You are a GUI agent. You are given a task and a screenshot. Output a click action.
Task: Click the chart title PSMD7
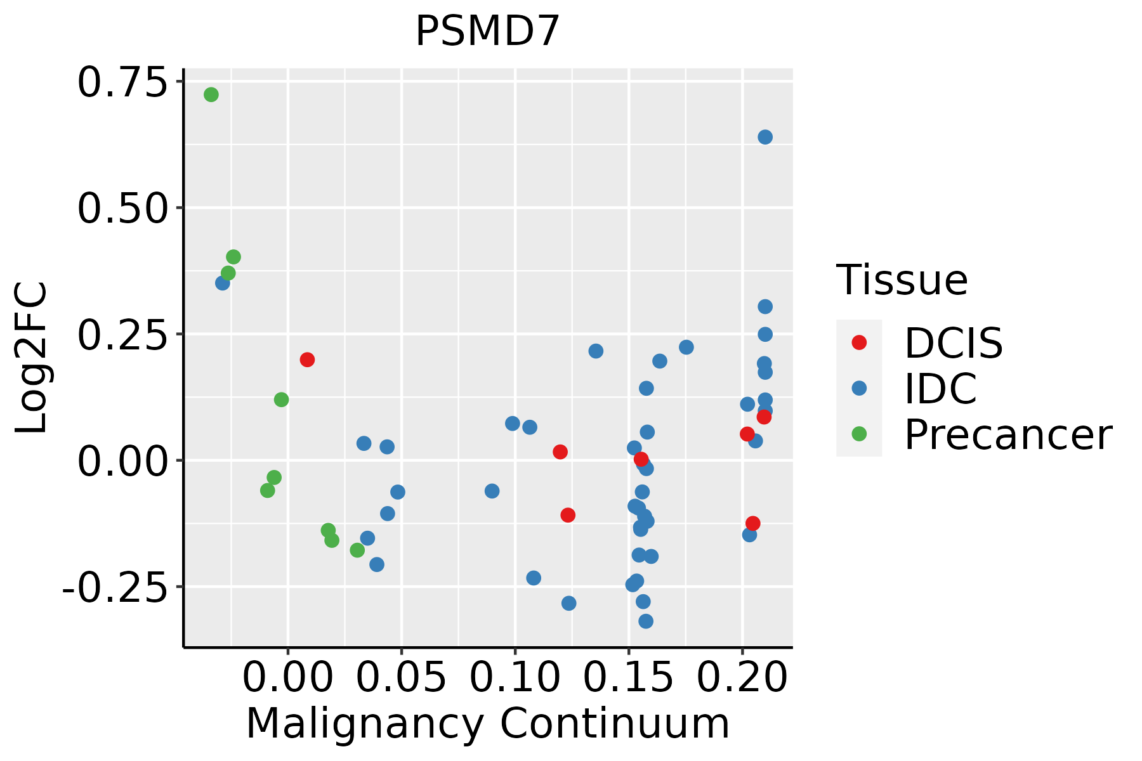pos(487,32)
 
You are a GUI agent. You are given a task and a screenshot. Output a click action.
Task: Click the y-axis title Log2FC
pos(32,358)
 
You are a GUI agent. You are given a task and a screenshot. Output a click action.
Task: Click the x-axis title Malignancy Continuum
pos(487,724)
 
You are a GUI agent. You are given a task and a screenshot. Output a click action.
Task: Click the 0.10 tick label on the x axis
pos(515,678)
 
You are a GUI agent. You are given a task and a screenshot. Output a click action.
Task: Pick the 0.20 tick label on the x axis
pos(742,678)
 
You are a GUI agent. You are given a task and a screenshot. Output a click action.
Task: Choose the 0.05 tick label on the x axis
pos(401,678)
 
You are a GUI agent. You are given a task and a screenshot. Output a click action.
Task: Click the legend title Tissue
pos(902,280)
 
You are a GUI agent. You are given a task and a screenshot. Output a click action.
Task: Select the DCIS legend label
pos(953,343)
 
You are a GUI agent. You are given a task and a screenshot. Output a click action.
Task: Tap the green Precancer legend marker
pos(859,434)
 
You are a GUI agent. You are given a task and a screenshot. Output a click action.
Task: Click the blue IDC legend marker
pos(859,388)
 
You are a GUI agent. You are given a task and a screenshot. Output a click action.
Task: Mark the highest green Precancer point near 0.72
pos(211,94)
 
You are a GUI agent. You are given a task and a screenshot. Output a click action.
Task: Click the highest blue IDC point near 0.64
pos(765,137)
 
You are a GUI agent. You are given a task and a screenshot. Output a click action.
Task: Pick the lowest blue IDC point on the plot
pos(646,621)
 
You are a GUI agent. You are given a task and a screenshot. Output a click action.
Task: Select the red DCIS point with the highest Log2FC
pos(307,360)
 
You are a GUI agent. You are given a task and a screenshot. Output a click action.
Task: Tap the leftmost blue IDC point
pos(223,283)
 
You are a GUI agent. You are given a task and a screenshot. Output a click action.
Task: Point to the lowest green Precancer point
pos(357,550)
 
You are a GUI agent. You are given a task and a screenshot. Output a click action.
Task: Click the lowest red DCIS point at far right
pos(753,523)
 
